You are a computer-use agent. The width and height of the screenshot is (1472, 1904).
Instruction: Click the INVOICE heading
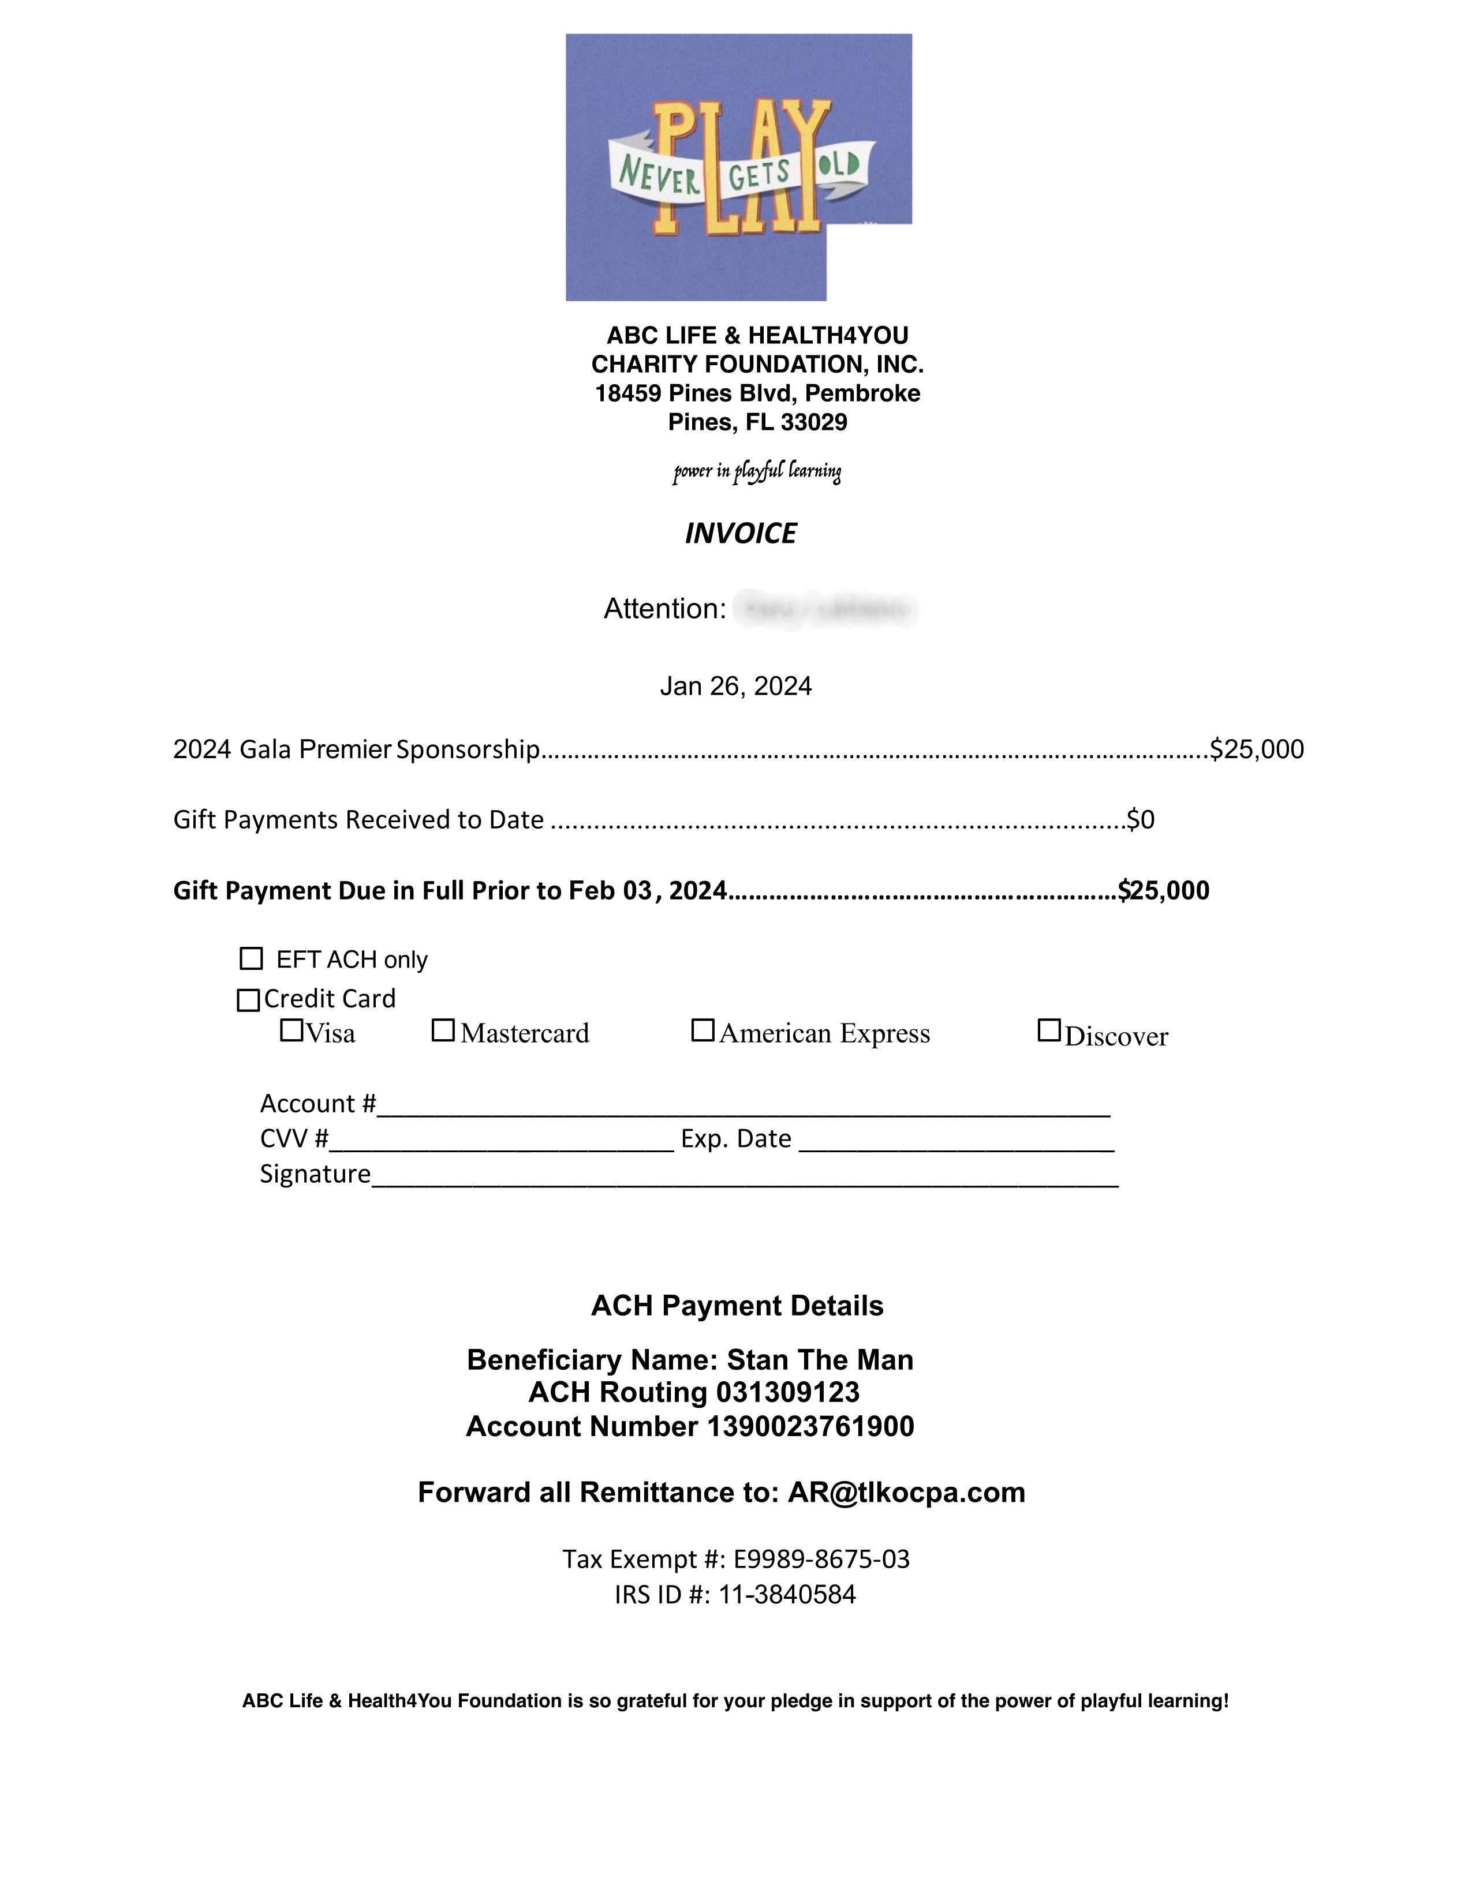(x=741, y=534)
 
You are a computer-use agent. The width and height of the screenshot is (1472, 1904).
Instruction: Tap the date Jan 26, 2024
(x=735, y=687)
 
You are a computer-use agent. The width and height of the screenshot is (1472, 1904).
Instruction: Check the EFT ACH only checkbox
(x=251, y=959)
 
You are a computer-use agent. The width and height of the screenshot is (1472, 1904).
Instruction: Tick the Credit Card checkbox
(x=249, y=1000)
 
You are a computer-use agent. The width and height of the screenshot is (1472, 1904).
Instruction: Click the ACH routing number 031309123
(x=787, y=1392)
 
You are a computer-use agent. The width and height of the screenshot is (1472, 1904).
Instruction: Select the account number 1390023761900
(x=810, y=1426)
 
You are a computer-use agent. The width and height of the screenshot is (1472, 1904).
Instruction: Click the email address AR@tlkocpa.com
(x=906, y=1493)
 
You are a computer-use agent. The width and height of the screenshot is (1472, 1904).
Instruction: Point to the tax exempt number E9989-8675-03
(x=821, y=1559)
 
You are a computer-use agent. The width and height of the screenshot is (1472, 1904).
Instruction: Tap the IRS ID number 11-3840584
(x=787, y=1595)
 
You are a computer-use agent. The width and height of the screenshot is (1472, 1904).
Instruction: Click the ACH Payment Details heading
(x=737, y=1306)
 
